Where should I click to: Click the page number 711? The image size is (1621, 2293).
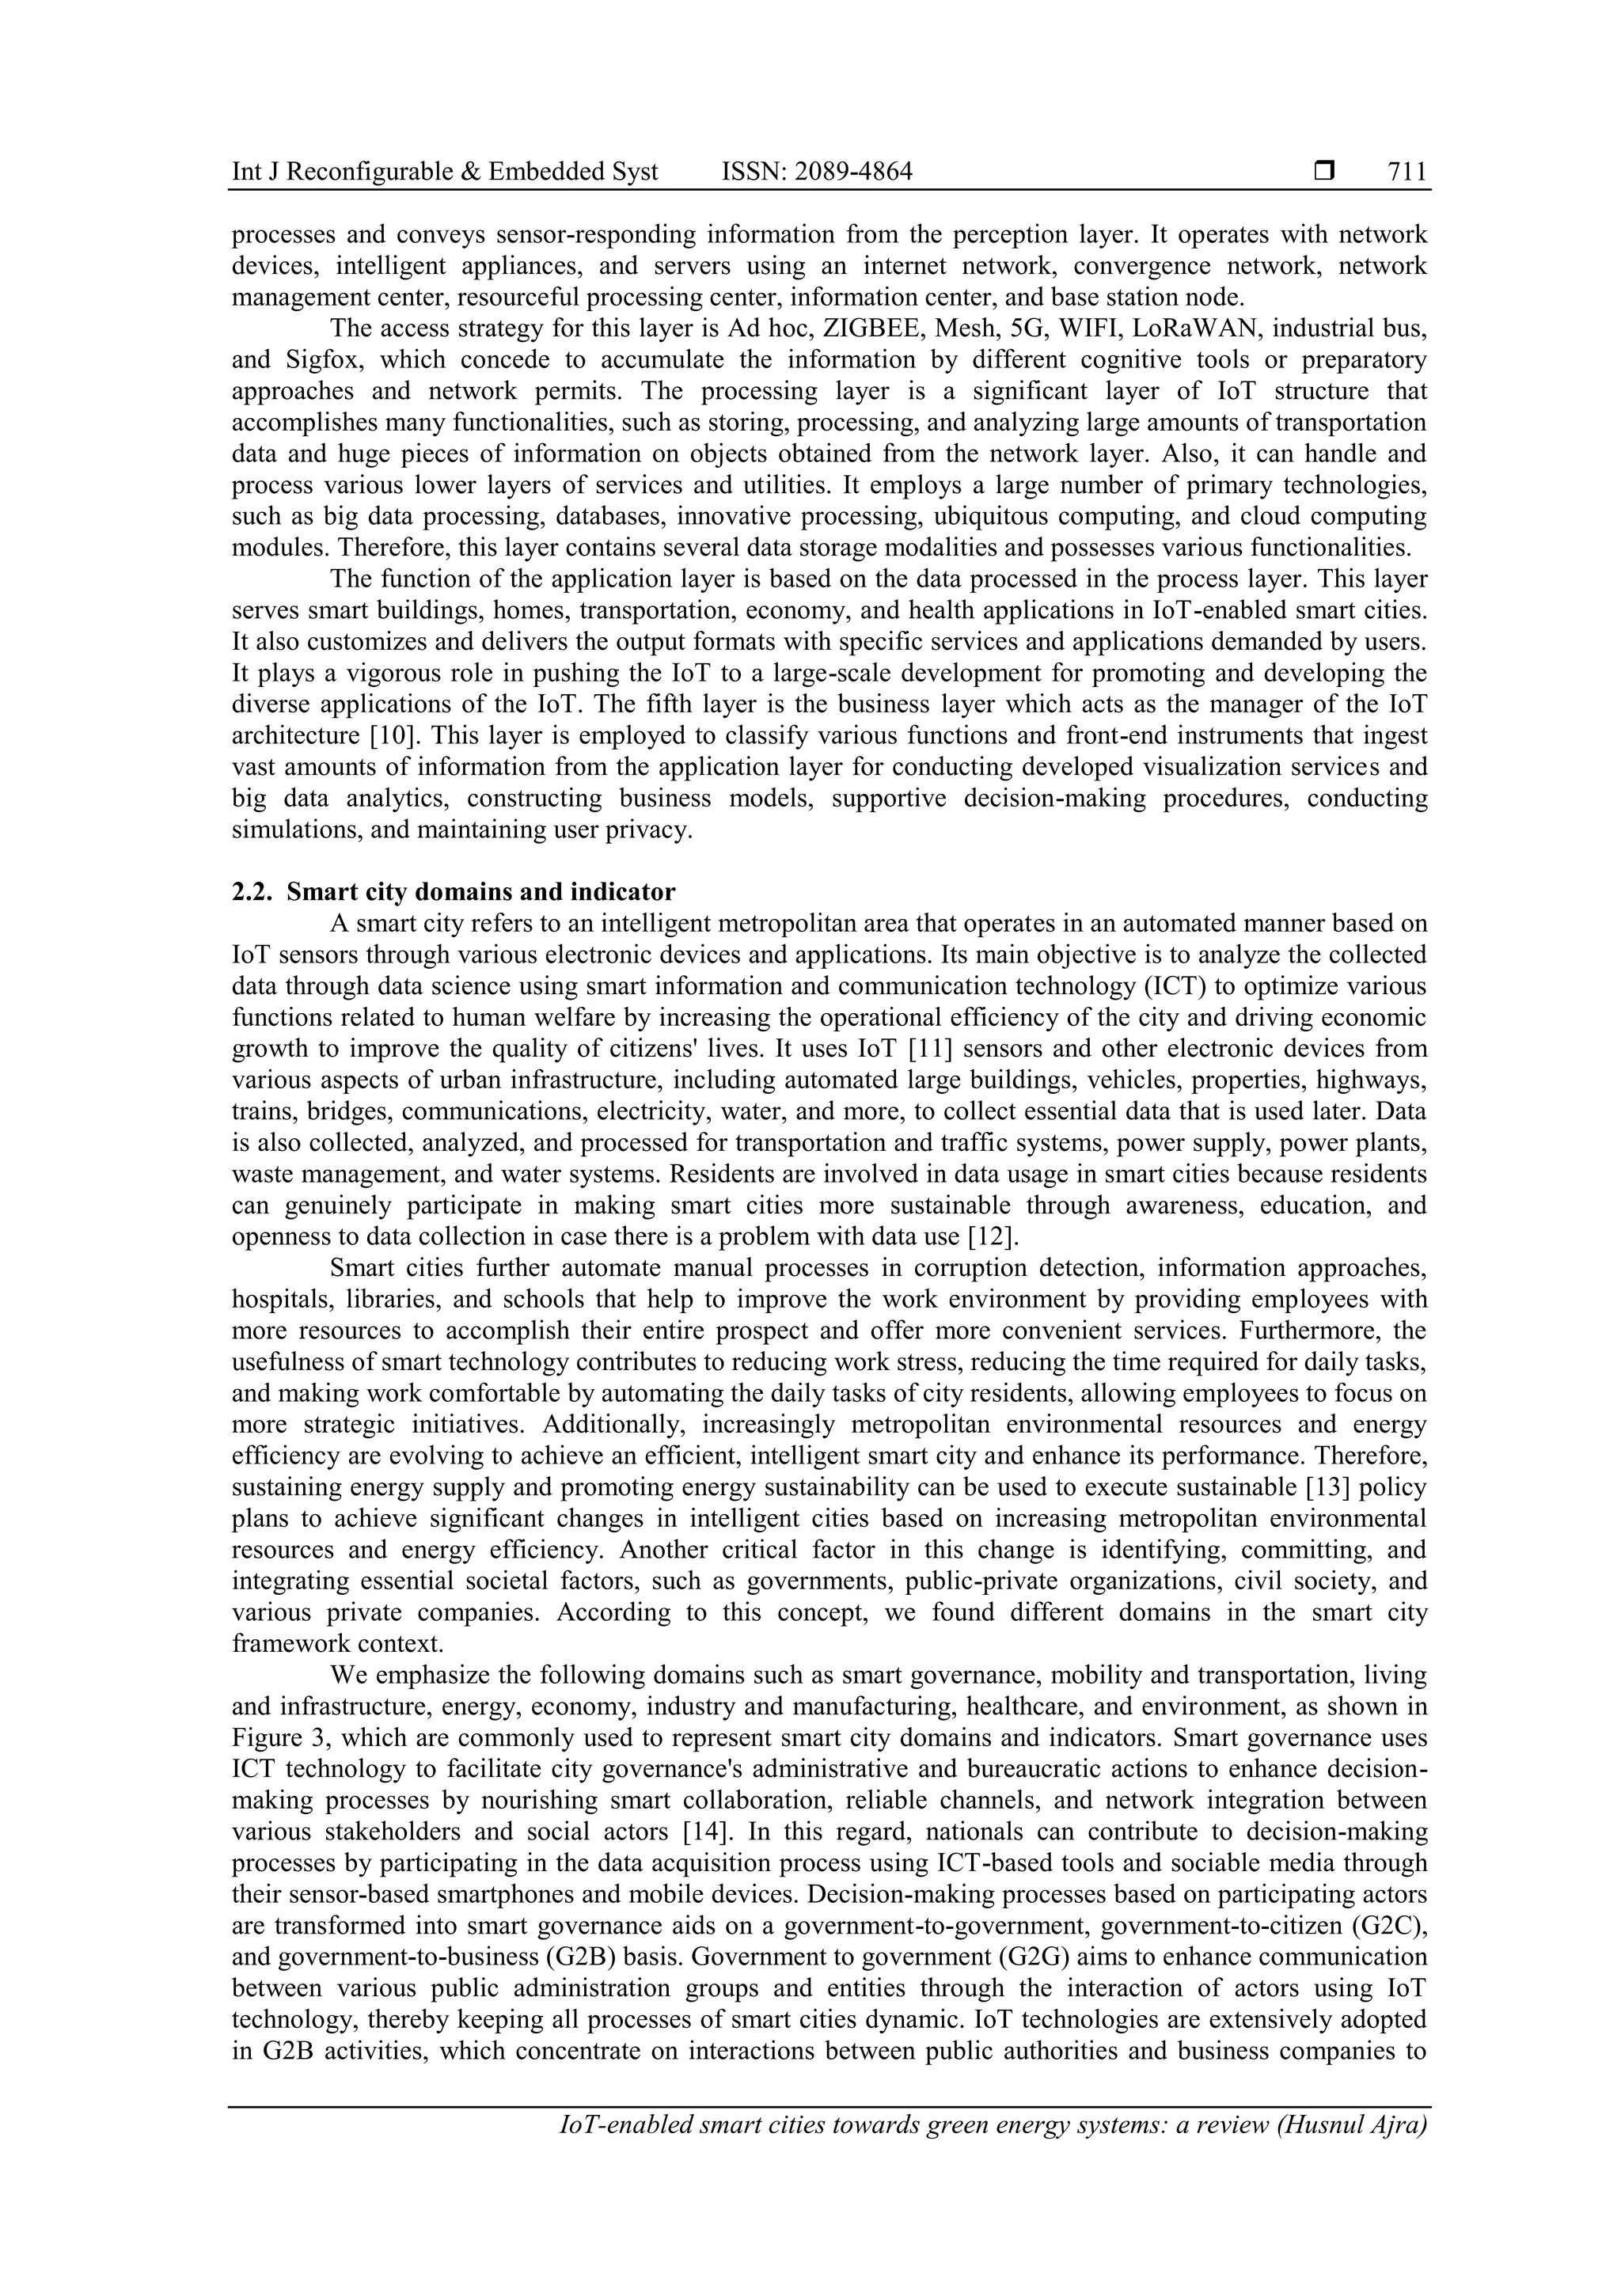[1407, 172]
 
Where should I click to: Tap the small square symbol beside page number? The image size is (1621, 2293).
[1324, 172]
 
